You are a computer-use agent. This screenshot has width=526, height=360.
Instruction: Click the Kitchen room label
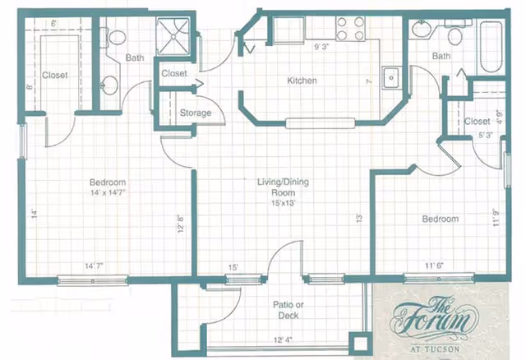point(302,81)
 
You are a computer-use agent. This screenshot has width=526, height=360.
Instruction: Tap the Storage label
point(195,113)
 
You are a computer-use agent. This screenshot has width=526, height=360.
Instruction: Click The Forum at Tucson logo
point(433,322)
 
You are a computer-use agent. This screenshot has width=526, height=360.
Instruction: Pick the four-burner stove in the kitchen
point(350,29)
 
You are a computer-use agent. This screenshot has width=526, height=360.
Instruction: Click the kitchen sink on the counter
point(392,78)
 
